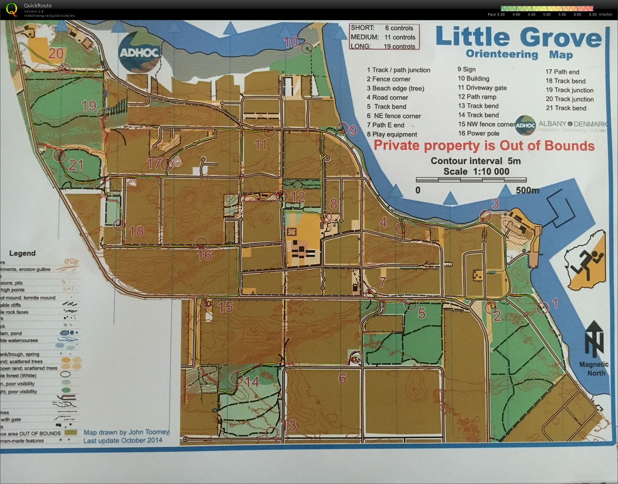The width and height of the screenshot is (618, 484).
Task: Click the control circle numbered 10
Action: click(307, 48)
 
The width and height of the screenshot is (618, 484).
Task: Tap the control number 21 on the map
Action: click(76, 165)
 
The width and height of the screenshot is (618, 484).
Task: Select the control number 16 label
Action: click(205, 255)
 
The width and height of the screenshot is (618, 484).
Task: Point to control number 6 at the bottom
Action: click(342, 379)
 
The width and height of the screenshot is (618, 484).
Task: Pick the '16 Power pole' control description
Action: click(479, 133)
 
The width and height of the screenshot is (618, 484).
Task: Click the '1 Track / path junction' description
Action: click(398, 70)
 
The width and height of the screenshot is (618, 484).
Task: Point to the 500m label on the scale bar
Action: click(527, 190)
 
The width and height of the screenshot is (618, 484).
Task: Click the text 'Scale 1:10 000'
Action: click(476, 171)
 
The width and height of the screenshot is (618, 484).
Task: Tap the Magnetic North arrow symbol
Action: click(594, 339)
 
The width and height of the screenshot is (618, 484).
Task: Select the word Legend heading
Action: click(22, 253)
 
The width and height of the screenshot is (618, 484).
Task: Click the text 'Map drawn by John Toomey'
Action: click(126, 432)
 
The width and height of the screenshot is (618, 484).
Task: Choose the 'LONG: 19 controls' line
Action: click(383, 46)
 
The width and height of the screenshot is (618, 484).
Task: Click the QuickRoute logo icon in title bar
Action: click(12, 9)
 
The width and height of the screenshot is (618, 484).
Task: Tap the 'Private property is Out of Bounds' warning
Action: click(484, 146)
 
